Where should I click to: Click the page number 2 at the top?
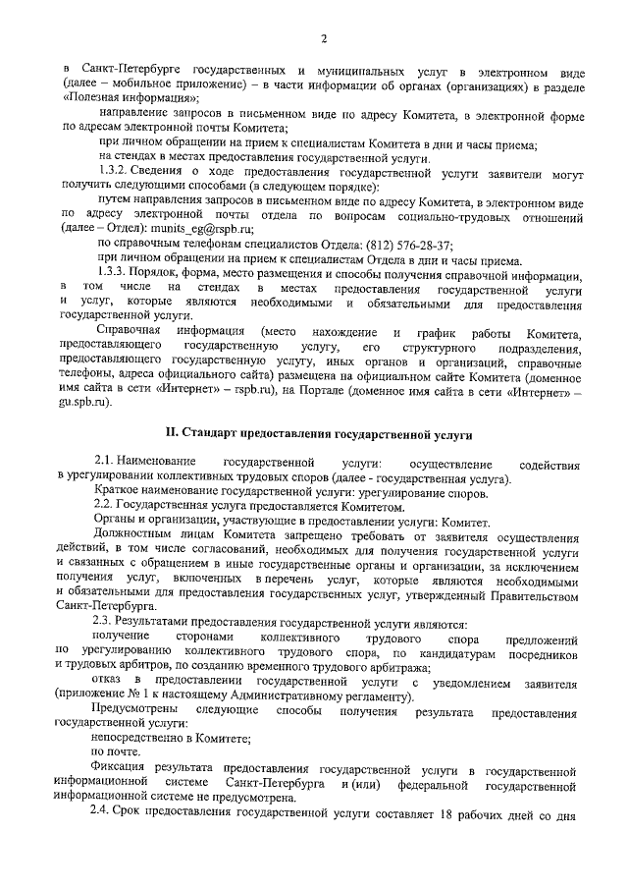pyautogui.click(x=322, y=37)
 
